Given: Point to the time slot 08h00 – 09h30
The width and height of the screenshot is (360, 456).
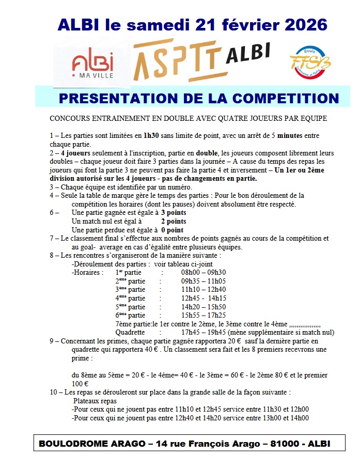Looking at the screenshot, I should tap(204, 272).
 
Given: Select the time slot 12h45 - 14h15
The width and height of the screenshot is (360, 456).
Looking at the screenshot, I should tap(204, 298).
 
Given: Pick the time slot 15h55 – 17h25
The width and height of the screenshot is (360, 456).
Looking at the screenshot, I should tap(204, 316).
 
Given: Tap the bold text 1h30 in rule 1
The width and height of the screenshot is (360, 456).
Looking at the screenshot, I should tap(152, 135).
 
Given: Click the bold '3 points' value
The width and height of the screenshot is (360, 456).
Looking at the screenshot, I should tap(174, 213).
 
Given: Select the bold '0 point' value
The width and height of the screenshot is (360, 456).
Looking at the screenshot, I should tap(173, 230).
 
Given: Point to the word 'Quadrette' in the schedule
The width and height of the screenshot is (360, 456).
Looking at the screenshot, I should tap(130, 333).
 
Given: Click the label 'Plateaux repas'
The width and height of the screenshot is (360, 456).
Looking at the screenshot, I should tap(95, 401).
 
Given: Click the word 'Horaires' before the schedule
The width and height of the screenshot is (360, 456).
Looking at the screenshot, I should tap(88, 272).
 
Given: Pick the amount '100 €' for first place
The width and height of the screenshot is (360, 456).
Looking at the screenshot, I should tap(80, 384).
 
